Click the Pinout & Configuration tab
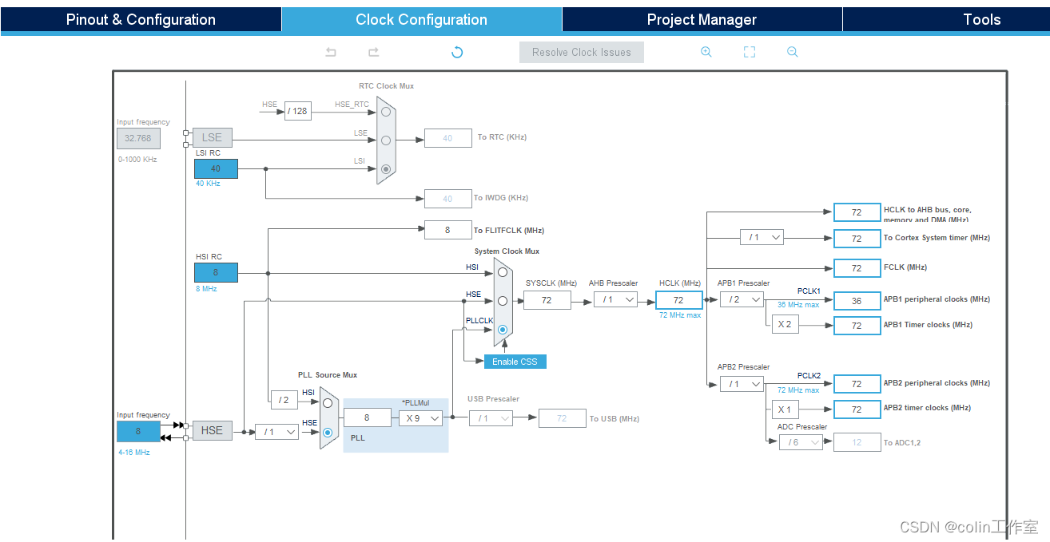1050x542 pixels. (141, 20)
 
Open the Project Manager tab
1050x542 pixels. (702, 20)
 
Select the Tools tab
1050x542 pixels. (982, 20)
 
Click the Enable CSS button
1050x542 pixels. (515, 362)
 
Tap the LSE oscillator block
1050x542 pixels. (212, 137)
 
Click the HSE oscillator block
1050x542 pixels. (212, 430)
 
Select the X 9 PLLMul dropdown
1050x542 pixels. (420, 417)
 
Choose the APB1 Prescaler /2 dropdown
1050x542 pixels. (742, 299)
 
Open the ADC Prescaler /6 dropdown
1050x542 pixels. (801, 442)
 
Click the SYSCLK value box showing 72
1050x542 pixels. (547, 300)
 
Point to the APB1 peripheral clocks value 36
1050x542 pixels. (857, 300)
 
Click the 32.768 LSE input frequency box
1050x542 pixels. (138, 138)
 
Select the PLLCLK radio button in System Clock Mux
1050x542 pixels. (503, 330)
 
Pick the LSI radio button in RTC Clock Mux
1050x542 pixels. (387, 169)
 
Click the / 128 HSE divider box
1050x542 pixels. (298, 111)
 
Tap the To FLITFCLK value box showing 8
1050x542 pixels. (447, 230)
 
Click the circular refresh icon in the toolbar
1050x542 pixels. (457, 53)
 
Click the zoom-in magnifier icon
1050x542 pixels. (706, 52)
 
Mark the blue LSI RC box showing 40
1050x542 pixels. (216, 168)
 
